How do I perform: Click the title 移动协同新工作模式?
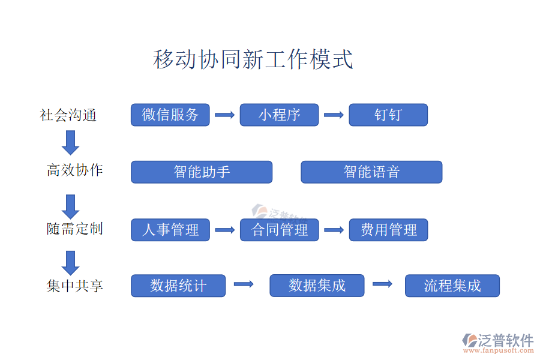(253, 60)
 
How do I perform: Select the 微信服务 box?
(170, 115)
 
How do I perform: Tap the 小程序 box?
(279, 115)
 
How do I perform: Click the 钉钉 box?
(388, 115)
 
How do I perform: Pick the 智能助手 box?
(202, 172)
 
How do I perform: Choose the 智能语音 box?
(371, 172)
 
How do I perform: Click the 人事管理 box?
(170, 230)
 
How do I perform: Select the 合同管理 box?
(279, 230)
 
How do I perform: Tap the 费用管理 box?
(388, 230)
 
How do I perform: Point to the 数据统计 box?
(178, 286)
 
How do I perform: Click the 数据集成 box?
(317, 286)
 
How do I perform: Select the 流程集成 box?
(452, 286)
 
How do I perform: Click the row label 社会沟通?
(68, 115)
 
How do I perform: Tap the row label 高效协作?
(75, 170)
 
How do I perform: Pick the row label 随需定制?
(75, 229)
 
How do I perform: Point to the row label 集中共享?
(75, 286)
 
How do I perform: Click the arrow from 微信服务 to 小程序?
(224, 115)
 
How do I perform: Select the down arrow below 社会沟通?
(71, 142)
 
